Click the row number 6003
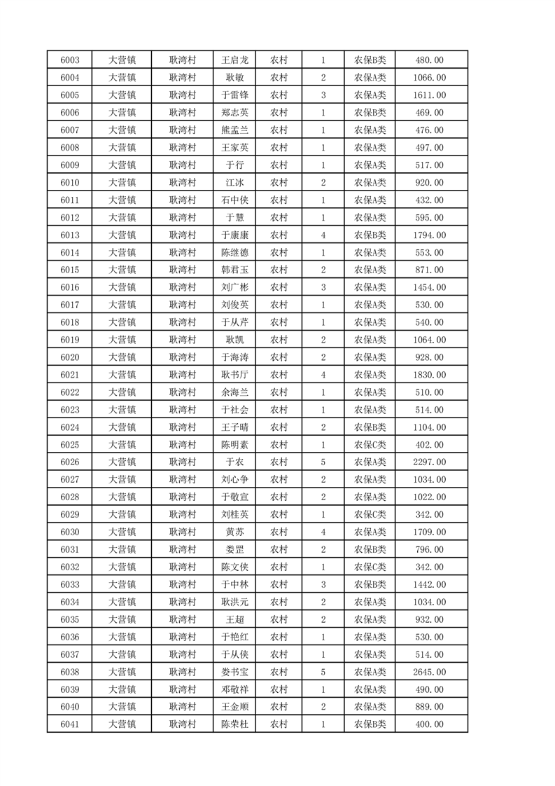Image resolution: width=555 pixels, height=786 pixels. coord(70,60)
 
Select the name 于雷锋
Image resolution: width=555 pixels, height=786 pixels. coord(234,95)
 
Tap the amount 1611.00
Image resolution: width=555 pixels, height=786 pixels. coord(430,95)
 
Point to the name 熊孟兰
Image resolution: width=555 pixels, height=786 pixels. coord(234,130)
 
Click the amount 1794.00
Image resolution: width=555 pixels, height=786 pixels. coord(430,235)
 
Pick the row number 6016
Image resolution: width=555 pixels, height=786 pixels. coord(70,287)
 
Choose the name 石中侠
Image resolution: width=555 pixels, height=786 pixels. coord(234,200)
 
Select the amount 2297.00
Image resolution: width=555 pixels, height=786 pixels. coord(430,462)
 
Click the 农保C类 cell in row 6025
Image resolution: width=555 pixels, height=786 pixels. coord(370,445)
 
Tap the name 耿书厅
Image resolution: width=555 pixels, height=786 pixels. coord(234,375)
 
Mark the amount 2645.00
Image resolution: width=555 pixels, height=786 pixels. coord(430,672)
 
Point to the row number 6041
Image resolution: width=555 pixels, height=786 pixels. coord(70,724)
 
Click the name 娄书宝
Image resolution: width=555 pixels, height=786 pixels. coord(234,672)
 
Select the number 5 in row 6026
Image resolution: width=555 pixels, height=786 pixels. coord(323,462)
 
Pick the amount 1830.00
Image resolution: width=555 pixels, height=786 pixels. coord(430,375)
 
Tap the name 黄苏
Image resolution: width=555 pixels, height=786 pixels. coord(234,532)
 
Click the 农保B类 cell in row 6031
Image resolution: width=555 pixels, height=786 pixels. coord(370,550)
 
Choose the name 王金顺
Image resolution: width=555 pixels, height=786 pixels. coord(234,707)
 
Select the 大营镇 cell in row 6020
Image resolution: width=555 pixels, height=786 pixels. coord(122,357)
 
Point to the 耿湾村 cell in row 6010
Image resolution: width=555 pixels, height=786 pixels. coord(182,183)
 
